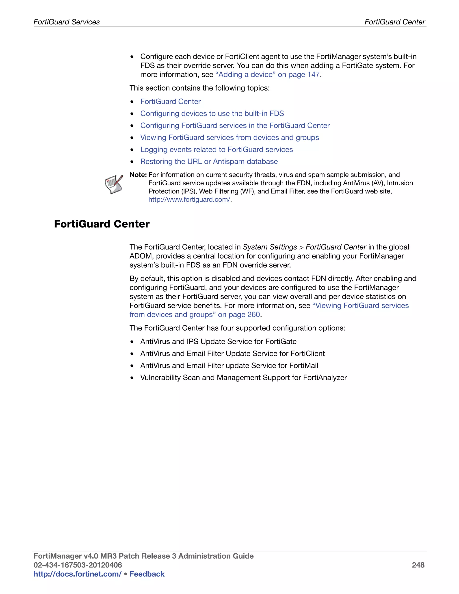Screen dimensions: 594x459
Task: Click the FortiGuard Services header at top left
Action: (66, 22)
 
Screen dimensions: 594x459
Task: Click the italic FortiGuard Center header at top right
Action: (394, 22)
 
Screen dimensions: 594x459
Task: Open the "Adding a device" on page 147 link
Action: (267, 74)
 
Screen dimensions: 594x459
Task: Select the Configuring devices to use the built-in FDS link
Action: (212, 113)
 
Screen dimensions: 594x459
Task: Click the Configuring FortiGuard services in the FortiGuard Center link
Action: (235, 125)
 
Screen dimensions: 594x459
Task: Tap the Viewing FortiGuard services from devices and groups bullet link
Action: (229, 137)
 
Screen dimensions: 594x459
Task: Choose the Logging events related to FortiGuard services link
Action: (217, 149)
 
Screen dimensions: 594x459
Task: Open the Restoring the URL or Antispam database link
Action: (209, 161)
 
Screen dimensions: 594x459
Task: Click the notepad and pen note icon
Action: (114, 184)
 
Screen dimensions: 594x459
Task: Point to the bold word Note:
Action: (138, 175)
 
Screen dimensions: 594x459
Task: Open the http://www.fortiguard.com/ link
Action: (189, 200)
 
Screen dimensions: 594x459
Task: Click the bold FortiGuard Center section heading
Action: (102, 224)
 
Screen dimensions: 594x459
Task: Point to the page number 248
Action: (418, 565)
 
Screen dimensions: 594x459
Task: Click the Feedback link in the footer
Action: (147, 574)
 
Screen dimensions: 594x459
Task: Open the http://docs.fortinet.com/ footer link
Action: (77, 574)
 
